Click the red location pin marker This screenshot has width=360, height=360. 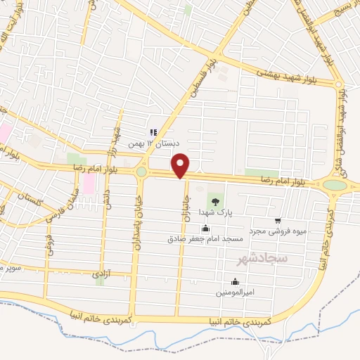181,165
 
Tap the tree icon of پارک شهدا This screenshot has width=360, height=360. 215,202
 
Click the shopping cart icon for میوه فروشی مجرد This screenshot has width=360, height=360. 278,221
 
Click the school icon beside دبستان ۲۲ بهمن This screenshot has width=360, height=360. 153,132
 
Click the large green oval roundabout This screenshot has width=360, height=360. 335,186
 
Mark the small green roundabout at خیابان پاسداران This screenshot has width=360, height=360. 141,172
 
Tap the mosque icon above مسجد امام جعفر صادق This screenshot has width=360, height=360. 205,228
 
